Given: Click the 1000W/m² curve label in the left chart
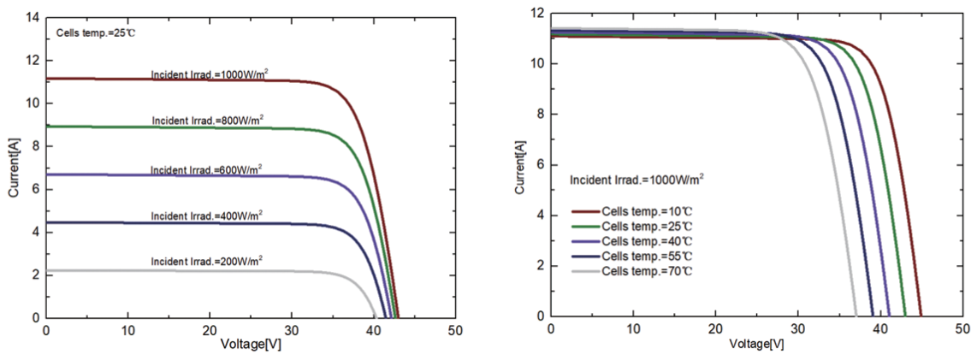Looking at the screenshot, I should [x=209, y=75].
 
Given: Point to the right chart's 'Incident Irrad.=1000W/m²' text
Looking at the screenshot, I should [x=637, y=180].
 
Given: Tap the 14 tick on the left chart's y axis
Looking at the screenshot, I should [x=33, y=17].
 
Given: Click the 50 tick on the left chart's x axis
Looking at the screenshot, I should [x=456, y=330].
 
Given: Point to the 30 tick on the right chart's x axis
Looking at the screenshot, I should [x=798, y=329].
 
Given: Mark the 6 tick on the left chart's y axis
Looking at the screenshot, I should [x=36, y=189].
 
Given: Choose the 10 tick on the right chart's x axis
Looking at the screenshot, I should [x=633, y=329].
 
